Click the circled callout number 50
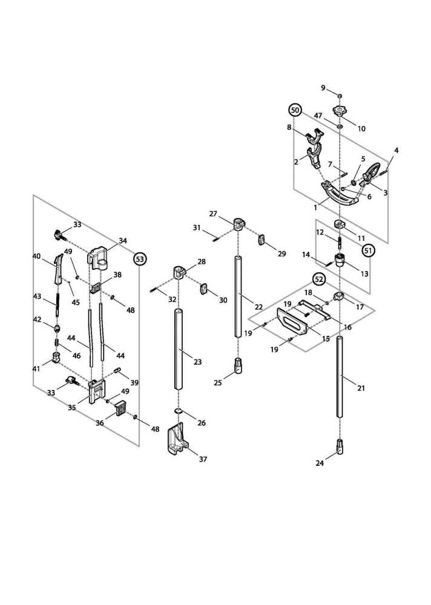295,110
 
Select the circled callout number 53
140,259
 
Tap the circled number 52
319,279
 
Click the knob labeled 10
340,113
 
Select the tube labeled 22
238,296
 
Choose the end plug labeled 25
238,366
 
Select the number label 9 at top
323,88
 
